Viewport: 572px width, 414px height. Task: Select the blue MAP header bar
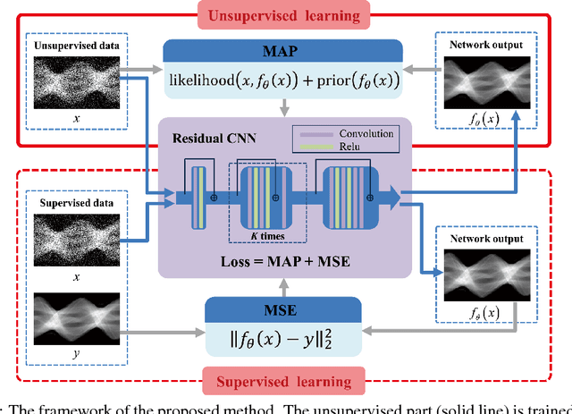(282, 50)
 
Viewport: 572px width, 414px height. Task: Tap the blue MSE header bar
(282, 309)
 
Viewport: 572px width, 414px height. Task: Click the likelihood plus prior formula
(282, 81)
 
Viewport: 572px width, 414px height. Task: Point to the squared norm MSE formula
(282, 340)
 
